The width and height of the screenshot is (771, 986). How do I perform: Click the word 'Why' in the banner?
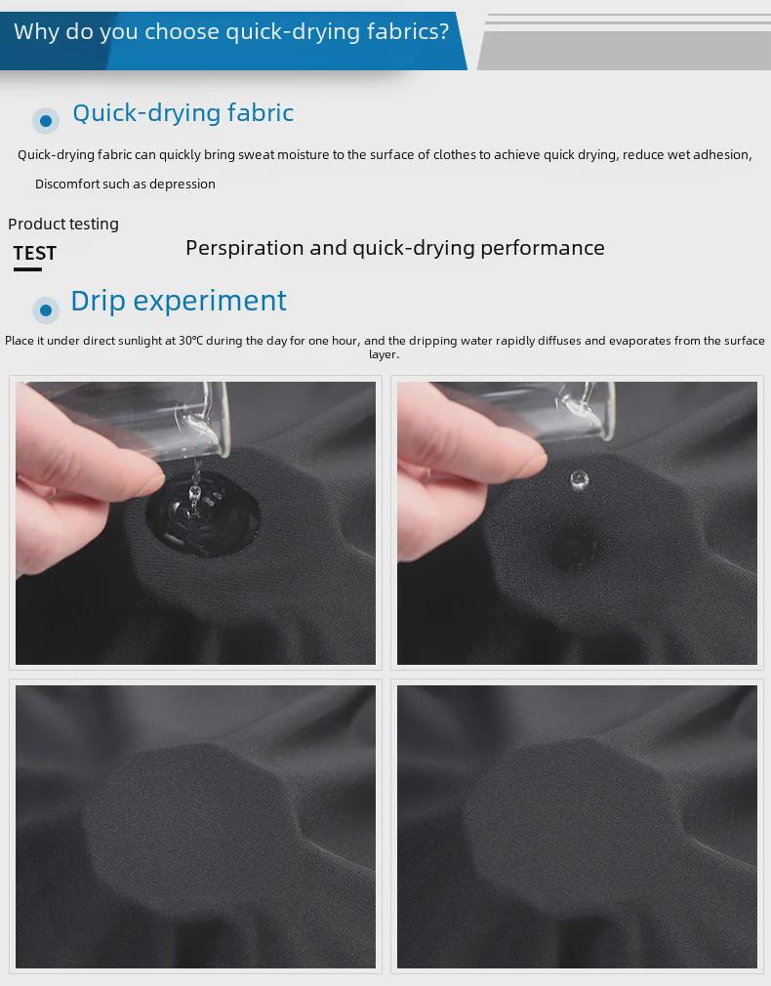tap(36, 31)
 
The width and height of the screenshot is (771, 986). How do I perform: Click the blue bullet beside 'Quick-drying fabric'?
tap(46, 120)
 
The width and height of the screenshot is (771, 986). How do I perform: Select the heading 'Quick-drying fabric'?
tap(183, 113)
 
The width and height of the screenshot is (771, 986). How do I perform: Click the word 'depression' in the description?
tap(183, 185)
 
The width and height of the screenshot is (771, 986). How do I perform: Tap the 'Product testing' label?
tap(63, 225)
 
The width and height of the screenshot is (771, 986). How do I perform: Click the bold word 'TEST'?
tap(35, 253)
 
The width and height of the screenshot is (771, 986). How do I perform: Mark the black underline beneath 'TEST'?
tap(27, 269)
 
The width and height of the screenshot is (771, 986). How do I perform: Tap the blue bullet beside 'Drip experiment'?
tap(46, 310)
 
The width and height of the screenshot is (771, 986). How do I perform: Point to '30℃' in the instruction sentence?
tap(190, 341)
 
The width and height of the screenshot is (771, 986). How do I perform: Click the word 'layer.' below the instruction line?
tap(385, 354)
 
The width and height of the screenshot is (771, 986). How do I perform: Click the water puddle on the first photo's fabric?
tap(202, 514)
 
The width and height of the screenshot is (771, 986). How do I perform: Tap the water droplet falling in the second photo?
tap(579, 479)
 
